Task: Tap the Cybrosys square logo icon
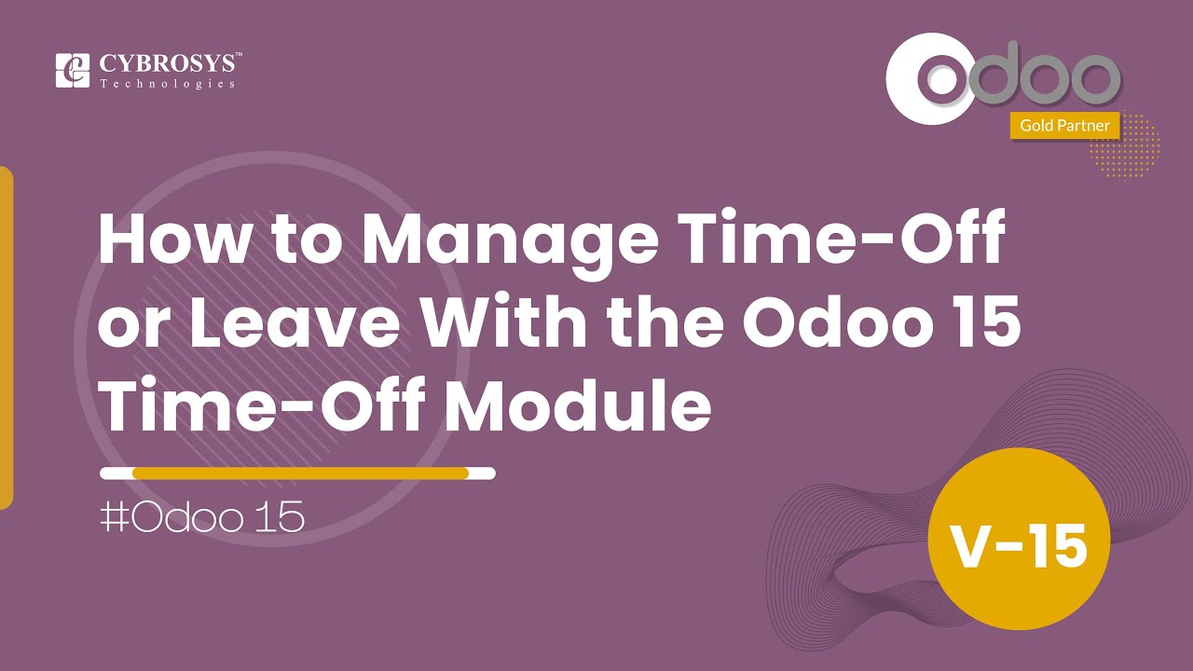(73, 71)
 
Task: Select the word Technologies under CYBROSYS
(168, 84)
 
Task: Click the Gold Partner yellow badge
(1064, 125)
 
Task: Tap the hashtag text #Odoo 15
(202, 518)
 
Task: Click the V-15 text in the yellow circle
(1019, 545)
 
